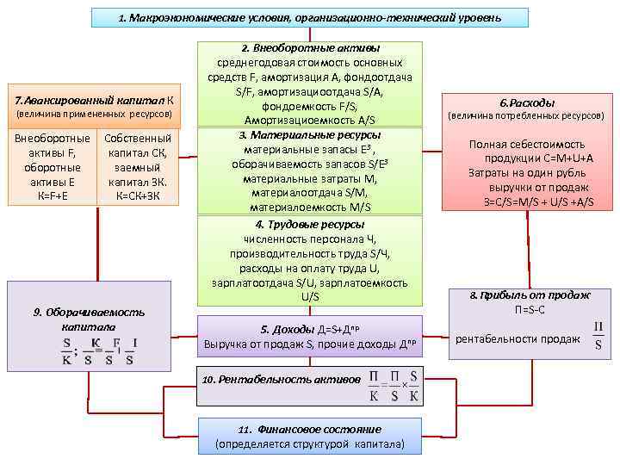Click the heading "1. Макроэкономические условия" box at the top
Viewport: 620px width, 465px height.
[x=310, y=17]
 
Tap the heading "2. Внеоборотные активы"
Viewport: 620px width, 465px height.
[x=310, y=49]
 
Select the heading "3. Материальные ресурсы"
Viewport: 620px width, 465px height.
[x=310, y=136]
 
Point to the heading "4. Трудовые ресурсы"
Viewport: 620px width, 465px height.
[x=310, y=225]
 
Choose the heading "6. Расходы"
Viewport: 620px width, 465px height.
[x=527, y=101]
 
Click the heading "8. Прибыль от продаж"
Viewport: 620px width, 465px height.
[x=530, y=294]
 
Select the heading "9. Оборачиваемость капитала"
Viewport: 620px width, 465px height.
[x=90, y=319]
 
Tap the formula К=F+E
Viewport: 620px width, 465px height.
[x=52, y=196]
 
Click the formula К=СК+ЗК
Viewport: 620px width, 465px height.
[x=137, y=196]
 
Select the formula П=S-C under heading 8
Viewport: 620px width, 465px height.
[x=530, y=308]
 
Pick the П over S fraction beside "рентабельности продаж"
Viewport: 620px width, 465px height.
[x=598, y=338]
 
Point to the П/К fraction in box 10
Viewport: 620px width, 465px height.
[x=375, y=387]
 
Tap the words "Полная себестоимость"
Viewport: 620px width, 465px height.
[x=527, y=144]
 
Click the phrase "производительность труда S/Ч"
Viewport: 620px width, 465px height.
[x=310, y=254]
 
